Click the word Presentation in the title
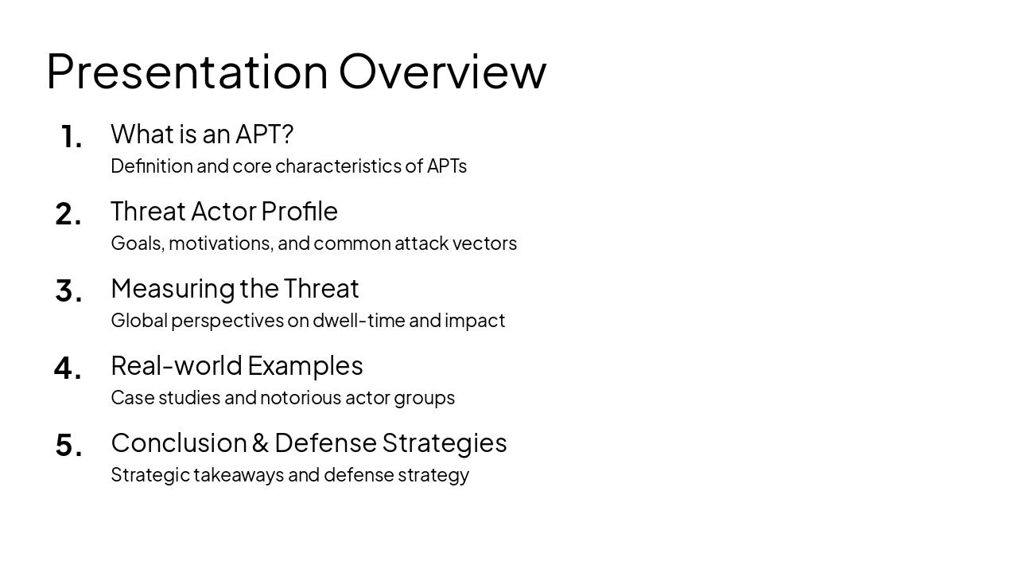coord(187,72)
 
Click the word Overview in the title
coord(442,72)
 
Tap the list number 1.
coord(71,137)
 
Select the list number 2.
coord(68,214)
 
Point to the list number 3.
coord(68,291)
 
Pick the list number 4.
coord(68,368)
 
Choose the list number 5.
coord(68,446)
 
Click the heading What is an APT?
coord(202,134)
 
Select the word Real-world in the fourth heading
coord(177,365)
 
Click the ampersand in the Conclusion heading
coord(261,443)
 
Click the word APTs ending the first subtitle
coord(446,166)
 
